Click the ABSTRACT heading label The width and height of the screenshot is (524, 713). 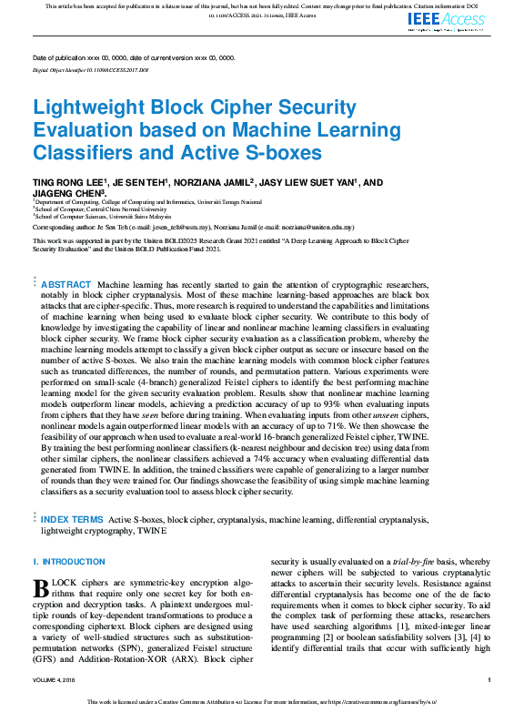point(66,285)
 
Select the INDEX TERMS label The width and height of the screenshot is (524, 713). point(72,519)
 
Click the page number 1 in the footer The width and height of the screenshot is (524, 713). point(489,680)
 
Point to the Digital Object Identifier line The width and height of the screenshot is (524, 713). point(90,69)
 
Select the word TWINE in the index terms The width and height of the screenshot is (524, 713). point(152,530)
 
